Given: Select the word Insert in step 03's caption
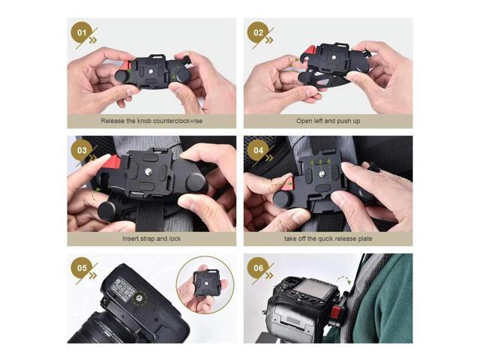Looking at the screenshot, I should [133, 238].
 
